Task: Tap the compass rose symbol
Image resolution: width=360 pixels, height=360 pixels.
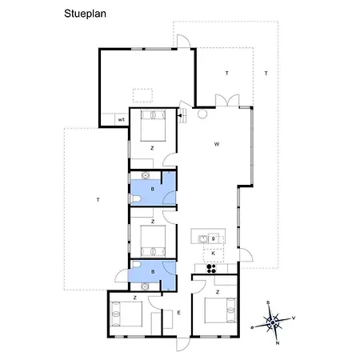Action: coord(274,322)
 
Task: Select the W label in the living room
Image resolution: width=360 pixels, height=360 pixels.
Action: coord(216,144)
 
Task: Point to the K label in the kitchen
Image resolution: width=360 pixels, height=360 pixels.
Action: coord(213,252)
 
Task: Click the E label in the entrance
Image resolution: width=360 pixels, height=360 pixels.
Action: coord(179,312)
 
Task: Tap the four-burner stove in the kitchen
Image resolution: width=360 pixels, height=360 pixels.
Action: coord(214,269)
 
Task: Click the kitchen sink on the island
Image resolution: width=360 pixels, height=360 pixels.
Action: coord(205,238)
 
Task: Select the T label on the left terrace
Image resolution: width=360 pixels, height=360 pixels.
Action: coord(97,198)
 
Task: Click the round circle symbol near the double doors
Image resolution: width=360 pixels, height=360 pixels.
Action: coord(202,114)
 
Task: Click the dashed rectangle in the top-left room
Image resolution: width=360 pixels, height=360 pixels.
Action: coord(142,93)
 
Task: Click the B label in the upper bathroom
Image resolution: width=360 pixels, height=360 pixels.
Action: coord(153,189)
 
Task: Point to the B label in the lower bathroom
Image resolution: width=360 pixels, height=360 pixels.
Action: coord(153,271)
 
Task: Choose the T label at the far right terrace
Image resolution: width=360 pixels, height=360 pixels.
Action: coord(266,74)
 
